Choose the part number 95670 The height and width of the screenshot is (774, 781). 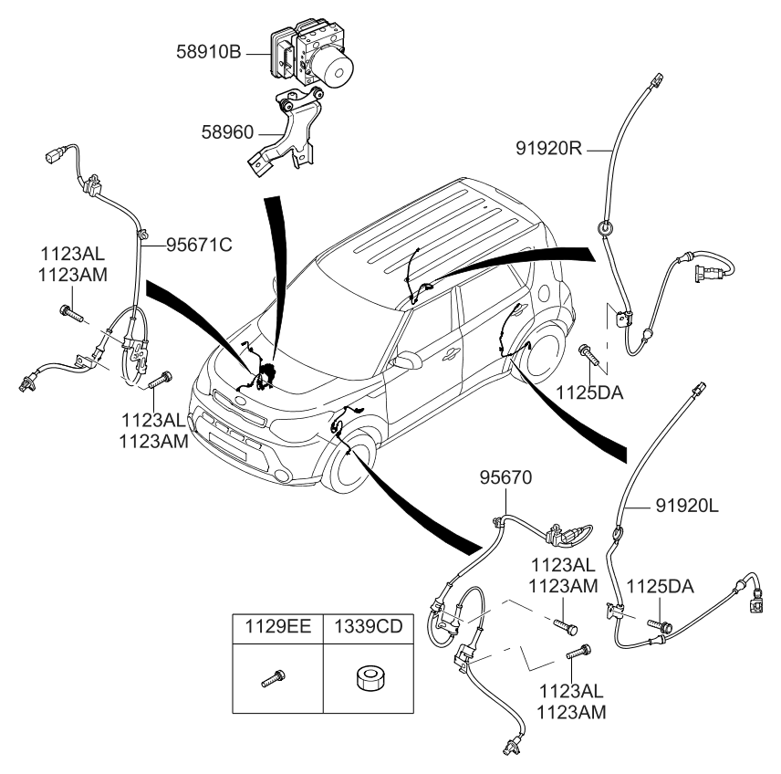[505, 477]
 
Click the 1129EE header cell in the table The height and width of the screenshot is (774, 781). [277, 627]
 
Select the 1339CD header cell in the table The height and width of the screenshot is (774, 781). [370, 627]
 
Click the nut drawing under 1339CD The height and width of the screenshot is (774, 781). [370, 678]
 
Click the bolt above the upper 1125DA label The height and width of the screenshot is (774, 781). [587, 351]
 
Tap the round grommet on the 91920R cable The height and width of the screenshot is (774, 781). [604, 228]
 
